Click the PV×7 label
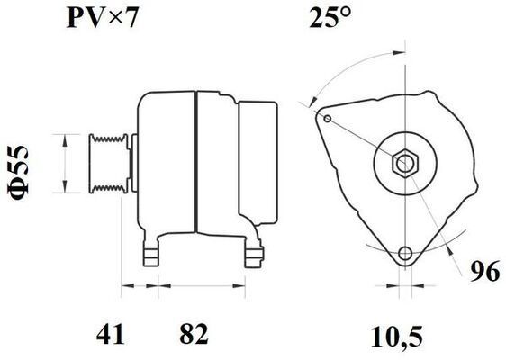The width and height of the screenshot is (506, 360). pos(102,18)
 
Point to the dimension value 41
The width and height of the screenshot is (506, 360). pos(110,334)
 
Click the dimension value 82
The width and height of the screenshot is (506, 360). pos(194,334)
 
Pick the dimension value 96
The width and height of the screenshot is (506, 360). pos(485,271)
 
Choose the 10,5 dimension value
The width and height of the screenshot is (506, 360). pos(396,337)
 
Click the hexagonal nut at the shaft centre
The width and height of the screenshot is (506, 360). pos(405,163)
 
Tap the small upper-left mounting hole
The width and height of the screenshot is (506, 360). pos(328,119)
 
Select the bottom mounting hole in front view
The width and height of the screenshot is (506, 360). pos(405,254)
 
